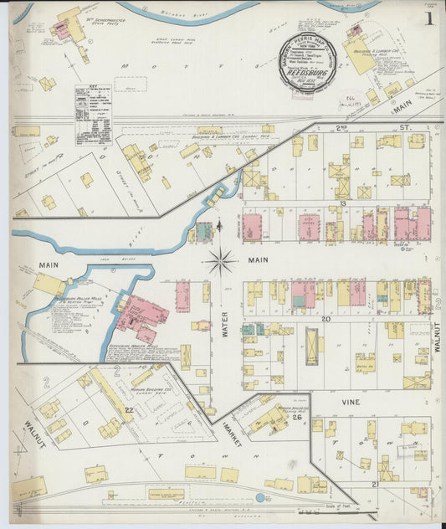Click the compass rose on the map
pos(221,261)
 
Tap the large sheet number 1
pos(428,17)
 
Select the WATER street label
pos(224,324)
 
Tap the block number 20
pos(326,319)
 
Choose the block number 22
pos(129,409)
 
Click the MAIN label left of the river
pos(47,266)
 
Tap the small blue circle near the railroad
pos(260,497)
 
